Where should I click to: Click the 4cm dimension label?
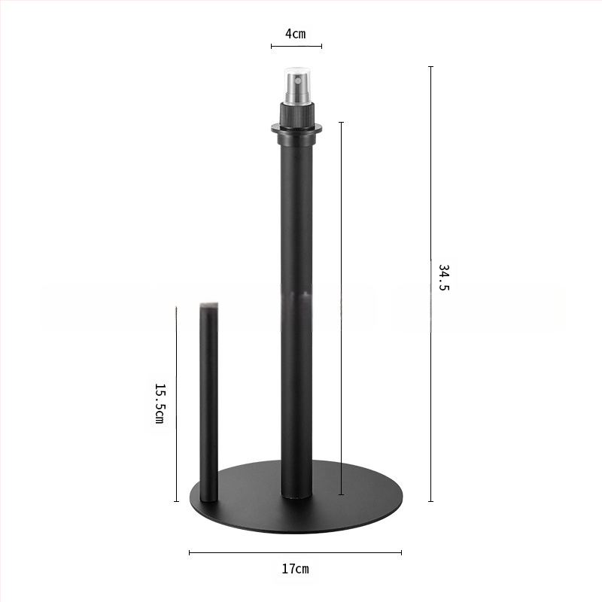tap(295, 34)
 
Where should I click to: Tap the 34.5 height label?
tap(443, 277)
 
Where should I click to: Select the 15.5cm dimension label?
tap(160, 403)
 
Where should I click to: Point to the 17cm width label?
tap(295, 569)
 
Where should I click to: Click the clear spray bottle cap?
tap(296, 86)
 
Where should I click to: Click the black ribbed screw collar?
tap(296, 115)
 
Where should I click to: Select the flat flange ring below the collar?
tap(296, 129)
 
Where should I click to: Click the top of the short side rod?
tap(209, 306)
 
